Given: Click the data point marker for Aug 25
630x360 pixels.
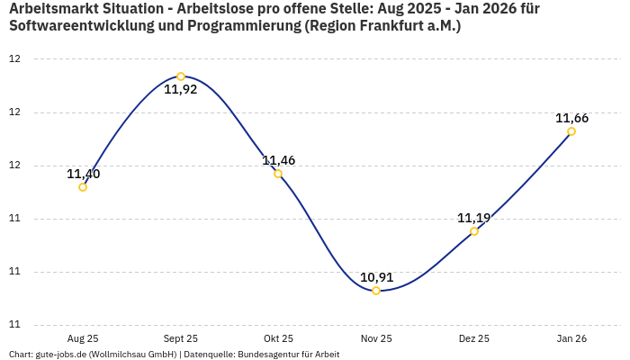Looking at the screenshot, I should pyautogui.click(x=83, y=187).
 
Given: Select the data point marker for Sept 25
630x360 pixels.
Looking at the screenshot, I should pyautogui.click(x=181, y=76).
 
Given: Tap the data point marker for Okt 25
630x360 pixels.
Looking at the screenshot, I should pyautogui.click(x=278, y=174).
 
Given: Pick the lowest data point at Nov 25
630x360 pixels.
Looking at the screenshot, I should pyautogui.click(x=376, y=291).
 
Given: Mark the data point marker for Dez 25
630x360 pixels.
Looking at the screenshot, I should pyautogui.click(x=474, y=231).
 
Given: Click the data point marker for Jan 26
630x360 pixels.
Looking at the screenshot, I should pyautogui.click(x=571, y=131).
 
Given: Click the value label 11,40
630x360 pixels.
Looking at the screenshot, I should pyautogui.click(x=84, y=174).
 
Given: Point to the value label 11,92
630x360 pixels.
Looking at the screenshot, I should pyautogui.click(x=181, y=90).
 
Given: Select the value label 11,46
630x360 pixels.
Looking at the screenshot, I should pyautogui.click(x=279, y=160).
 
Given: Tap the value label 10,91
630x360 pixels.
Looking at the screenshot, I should pyautogui.click(x=377, y=277).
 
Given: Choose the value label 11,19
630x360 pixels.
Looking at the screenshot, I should pyautogui.click(x=474, y=218).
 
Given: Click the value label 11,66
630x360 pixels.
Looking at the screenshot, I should pyautogui.click(x=572, y=118).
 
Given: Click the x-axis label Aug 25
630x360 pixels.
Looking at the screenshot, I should pyautogui.click(x=83, y=338).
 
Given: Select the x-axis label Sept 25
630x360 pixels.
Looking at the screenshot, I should pyautogui.click(x=181, y=338).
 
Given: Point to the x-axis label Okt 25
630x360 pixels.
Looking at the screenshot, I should pyautogui.click(x=278, y=338).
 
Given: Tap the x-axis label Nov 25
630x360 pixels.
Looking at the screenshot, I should pyautogui.click(x=376, y=338).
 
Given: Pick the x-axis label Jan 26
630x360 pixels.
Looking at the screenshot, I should pyautogui.click(x=571, y=338).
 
